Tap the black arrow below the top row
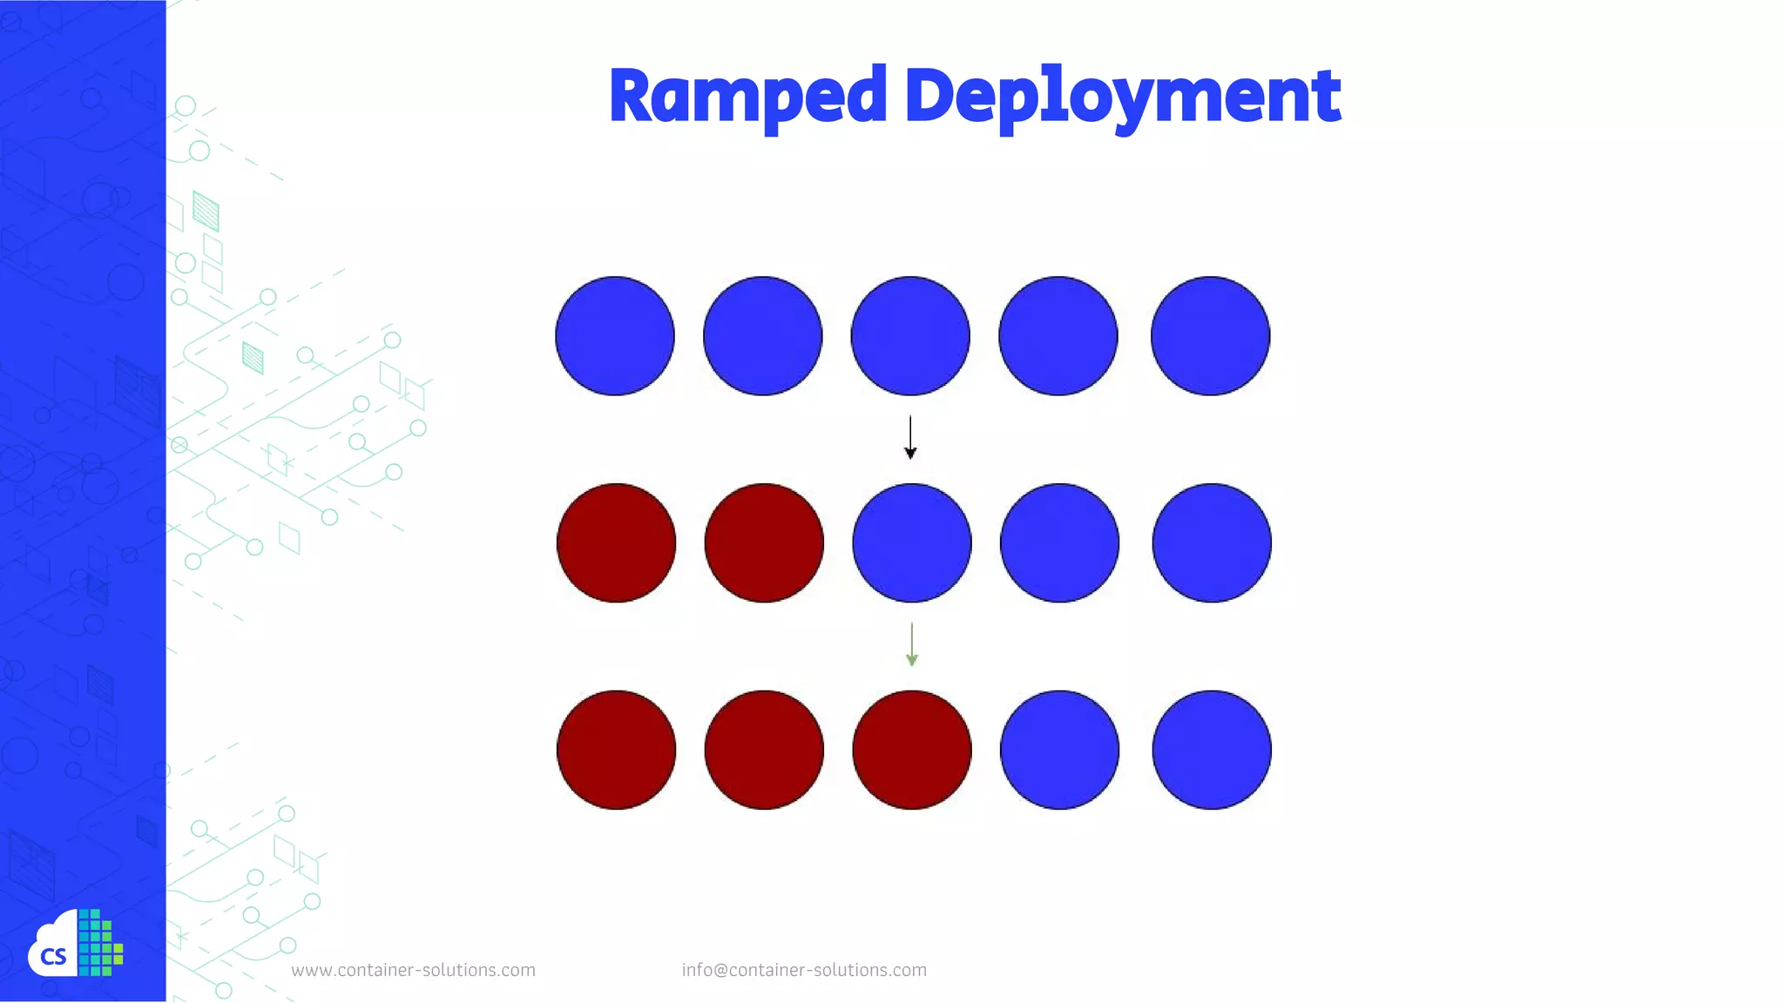910,437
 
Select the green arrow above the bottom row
911,644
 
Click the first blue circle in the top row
615,336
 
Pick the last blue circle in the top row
1210,336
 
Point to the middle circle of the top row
910,336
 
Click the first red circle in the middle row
616,543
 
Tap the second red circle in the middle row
764,543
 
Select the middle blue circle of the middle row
912,543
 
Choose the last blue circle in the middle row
1212,543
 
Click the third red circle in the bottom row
912,750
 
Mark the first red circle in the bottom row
616,750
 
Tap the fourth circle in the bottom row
1059,750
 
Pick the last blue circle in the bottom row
1212,750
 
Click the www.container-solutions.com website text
413,970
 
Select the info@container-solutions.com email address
804,970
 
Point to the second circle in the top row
762,336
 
